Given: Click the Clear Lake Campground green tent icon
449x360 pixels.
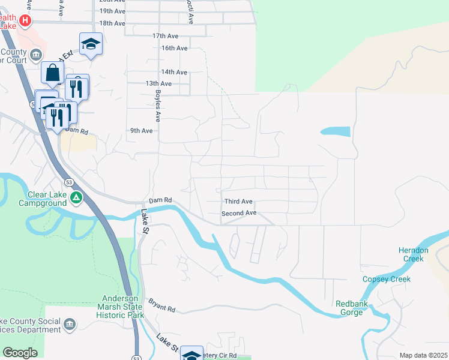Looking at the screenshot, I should coord(76,197).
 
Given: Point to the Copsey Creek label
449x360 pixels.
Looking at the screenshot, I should coord(387,279).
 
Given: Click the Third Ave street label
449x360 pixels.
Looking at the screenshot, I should coord(238,202).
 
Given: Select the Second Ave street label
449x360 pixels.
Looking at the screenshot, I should coord(239,213).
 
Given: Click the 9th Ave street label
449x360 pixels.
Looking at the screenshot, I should coord(142,131).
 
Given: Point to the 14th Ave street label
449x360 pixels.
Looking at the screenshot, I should coord(174,72).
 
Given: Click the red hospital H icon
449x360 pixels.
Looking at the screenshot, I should coord(25,21).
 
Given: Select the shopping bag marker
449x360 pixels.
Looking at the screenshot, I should coord(53,73).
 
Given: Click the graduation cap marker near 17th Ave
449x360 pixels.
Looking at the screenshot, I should coord(91,44).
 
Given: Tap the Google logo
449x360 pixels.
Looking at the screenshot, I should coord(20,353).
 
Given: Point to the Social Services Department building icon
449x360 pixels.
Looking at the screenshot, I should coord(69,325).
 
